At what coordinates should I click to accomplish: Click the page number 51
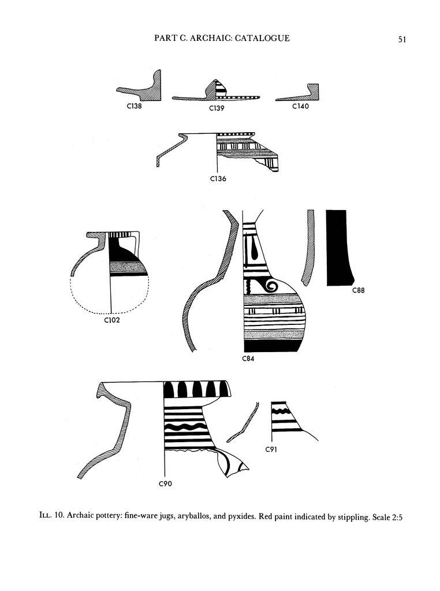tap(402, 39)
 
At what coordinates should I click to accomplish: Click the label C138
tap(134, 106)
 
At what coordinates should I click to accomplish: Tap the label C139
tap(217, 108)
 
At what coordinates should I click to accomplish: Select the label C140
tap(300, 106)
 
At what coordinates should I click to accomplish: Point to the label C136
tap(218, 179)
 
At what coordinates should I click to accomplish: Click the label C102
tap(111, 320)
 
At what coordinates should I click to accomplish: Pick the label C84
tap(248, 358)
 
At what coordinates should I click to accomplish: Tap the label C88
tap(359, 290)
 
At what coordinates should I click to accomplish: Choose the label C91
tap(271, 449)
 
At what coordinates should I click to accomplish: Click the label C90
tap(165, 484)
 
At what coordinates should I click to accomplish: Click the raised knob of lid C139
tap(215, 88)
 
